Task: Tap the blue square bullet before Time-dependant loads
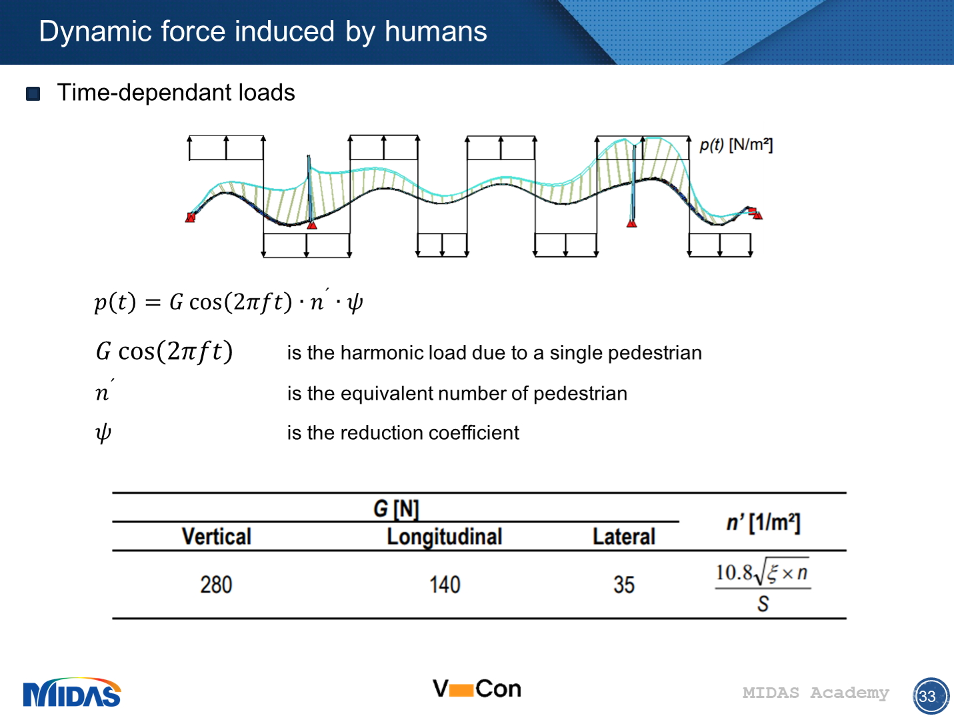[33, 93]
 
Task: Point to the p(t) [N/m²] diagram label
[735, 145]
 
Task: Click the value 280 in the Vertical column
[216, 585]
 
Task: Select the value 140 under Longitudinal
[445, 585]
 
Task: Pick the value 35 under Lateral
[623, 585]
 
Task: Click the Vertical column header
[216, 536]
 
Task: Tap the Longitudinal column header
[445, 536]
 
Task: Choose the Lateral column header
[623, 536]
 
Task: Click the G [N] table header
[396, 509]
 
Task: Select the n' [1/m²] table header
[763, 522]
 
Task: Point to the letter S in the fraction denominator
[763, 604]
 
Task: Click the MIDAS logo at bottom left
[72, 694]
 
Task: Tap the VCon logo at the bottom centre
[477, 689]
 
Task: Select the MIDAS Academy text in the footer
[815, 693]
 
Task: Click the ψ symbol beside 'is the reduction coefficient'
[103, 433]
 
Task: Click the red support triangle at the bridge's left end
[191, 218]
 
